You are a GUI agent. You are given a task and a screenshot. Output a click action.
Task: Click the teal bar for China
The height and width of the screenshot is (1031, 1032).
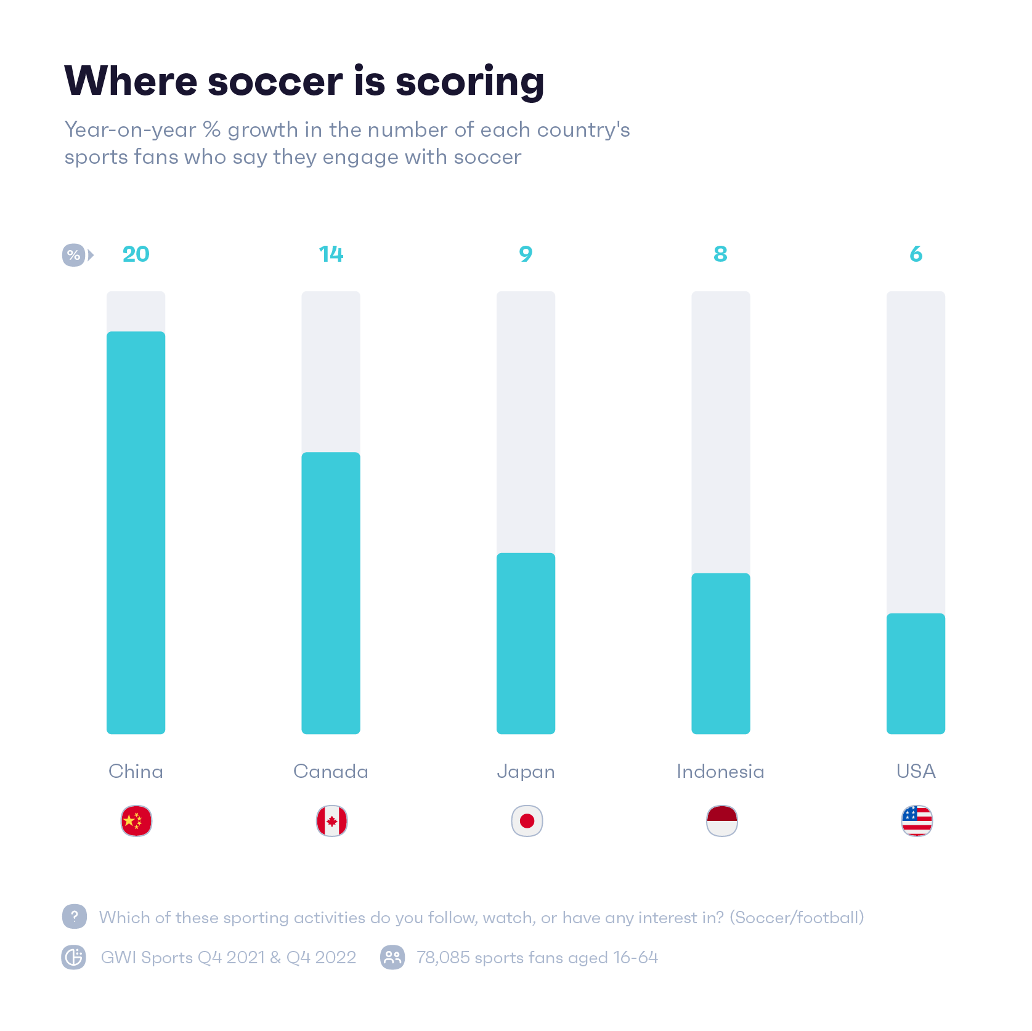pos(136,533)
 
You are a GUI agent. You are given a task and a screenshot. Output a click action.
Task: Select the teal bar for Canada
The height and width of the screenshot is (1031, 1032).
pos(330,592)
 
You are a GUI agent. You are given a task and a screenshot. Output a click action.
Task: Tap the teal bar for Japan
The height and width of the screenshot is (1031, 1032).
pos(526,643)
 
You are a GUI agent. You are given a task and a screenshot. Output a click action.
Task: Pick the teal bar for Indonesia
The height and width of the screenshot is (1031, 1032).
pos(720,653)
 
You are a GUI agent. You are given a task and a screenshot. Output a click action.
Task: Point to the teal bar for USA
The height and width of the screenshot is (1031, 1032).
pos(916,673)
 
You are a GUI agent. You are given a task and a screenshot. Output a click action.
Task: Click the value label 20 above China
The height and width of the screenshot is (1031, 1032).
pos(136,254)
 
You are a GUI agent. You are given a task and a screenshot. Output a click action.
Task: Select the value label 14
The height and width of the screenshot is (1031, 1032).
pos(331,254)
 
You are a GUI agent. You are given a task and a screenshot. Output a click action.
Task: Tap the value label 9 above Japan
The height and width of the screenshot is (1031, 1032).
pos(526,254)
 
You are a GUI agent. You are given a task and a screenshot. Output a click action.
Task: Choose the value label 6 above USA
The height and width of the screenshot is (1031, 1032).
pos(916,254)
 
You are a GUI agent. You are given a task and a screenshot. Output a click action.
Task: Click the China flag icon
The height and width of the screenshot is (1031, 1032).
pos(136,821)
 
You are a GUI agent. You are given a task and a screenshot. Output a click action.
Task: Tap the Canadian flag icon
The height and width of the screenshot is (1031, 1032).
pos(331,821)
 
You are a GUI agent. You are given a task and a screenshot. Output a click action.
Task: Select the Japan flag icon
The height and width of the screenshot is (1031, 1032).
pos(527,821)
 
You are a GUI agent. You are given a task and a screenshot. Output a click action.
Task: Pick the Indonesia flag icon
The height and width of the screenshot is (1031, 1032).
pos(721,821)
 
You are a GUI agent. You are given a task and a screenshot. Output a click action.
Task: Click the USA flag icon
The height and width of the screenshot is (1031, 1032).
pos(917,821)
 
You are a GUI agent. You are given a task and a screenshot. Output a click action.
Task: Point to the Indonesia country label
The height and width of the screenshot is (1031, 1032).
pos(720,771)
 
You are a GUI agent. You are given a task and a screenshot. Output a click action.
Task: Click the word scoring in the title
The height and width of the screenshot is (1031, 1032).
pos(469,82)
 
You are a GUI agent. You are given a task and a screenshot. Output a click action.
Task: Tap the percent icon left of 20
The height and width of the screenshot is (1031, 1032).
pos(74,255)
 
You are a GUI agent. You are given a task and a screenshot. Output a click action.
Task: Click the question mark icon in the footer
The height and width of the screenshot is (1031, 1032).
pos(75,916)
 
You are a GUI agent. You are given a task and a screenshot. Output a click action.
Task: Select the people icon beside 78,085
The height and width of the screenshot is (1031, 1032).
pos(392,957)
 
